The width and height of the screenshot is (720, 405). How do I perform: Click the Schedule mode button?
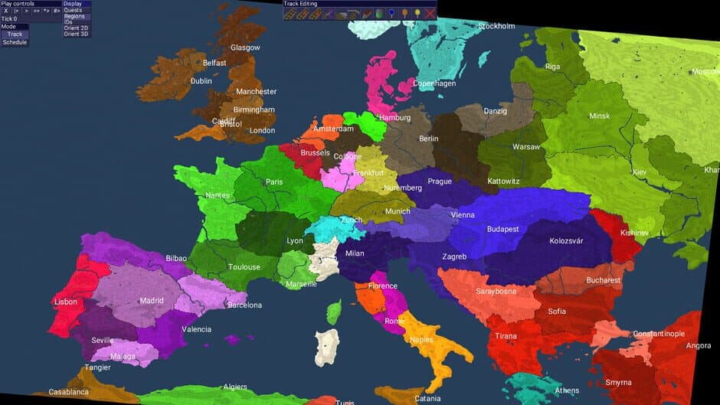pyautogui.click(x=15, y=42)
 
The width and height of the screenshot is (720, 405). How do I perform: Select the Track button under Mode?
pyautogui.click(x=15, y=34)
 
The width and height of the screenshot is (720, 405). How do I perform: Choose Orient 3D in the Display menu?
pyautogui.click(x=76, y=34)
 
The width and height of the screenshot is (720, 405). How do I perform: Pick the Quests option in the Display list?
pyautogui.click(x=73, y=10)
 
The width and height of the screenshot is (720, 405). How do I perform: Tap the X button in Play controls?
pyautogui.click(x=5, y=11)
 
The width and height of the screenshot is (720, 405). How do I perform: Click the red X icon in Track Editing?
pyautogui.click(x=430, y=12)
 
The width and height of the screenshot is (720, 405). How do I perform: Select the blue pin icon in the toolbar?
pyautogui.click(x=391, y=12)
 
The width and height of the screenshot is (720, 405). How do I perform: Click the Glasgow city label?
pyautogui.click(x=245, y=47)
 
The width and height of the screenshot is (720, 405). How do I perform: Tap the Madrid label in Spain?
pyautogui.click(x=152, y=301)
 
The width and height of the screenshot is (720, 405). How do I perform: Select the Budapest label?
pyautogui.click(x=502, y=229)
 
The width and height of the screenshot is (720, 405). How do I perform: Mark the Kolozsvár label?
pyautogui.click(x=566, y=240)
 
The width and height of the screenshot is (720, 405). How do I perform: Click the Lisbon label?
pyautogui.click(x=66, y=302)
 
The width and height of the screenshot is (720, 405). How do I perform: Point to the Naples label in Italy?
pyautogui.click(x=421, y=339)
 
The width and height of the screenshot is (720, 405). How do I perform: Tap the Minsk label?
pyautogui.click(x=600, y=116)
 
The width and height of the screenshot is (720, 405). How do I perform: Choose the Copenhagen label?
pyautogui.click(x=434, y=83)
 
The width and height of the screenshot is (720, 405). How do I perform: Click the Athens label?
pyautogui.click(x=567, y=390)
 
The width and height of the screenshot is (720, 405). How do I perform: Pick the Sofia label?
pyautogui.click(x=557, y=311)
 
